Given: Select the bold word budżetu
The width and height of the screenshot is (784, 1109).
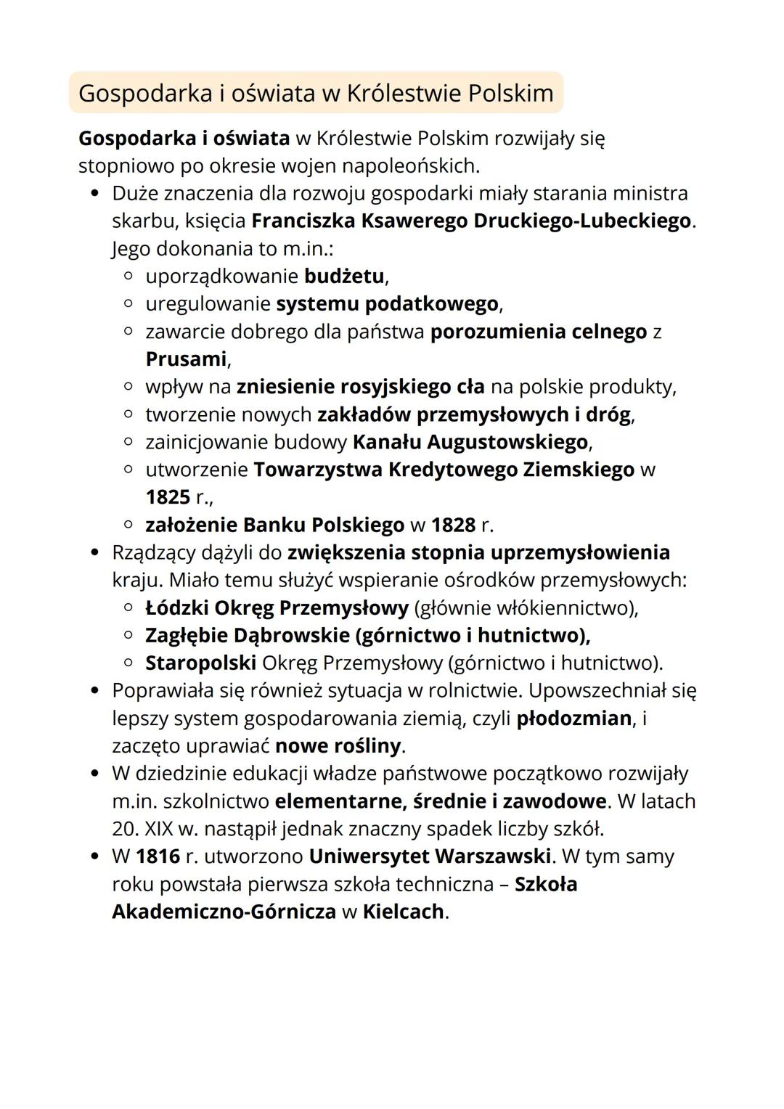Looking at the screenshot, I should (x=344, y=276).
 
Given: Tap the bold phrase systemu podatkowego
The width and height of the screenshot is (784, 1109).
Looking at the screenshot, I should (x=388, y=303).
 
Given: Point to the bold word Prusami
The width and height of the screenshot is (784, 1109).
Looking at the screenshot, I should (x=187, y=359).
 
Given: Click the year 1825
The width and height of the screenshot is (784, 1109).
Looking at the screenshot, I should (x=168, y=497).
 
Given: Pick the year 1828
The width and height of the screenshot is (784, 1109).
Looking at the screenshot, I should (x=454, y=525).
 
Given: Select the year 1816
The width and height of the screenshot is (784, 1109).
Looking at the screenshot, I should (x=158, y=856).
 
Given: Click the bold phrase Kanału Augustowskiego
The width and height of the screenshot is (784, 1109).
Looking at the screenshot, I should (x=470, y=442).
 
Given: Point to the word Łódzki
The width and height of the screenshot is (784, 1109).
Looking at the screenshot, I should (x=176, y=607).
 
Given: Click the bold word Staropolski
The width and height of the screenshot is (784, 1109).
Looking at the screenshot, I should (x=200, y=663).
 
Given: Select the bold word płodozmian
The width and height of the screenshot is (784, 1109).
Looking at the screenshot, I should (x=573, y=719).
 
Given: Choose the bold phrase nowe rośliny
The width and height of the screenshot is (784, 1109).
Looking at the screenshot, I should (x=338, y=746).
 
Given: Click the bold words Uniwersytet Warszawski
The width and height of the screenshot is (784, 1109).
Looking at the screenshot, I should (x=429, y=856).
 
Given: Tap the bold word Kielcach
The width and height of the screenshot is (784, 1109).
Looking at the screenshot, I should (x=403, y=912).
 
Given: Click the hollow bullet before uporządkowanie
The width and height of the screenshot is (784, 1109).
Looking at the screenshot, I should (x=128, y=277).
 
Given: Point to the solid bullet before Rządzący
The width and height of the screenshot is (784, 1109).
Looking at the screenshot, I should (x=94, y=553).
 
